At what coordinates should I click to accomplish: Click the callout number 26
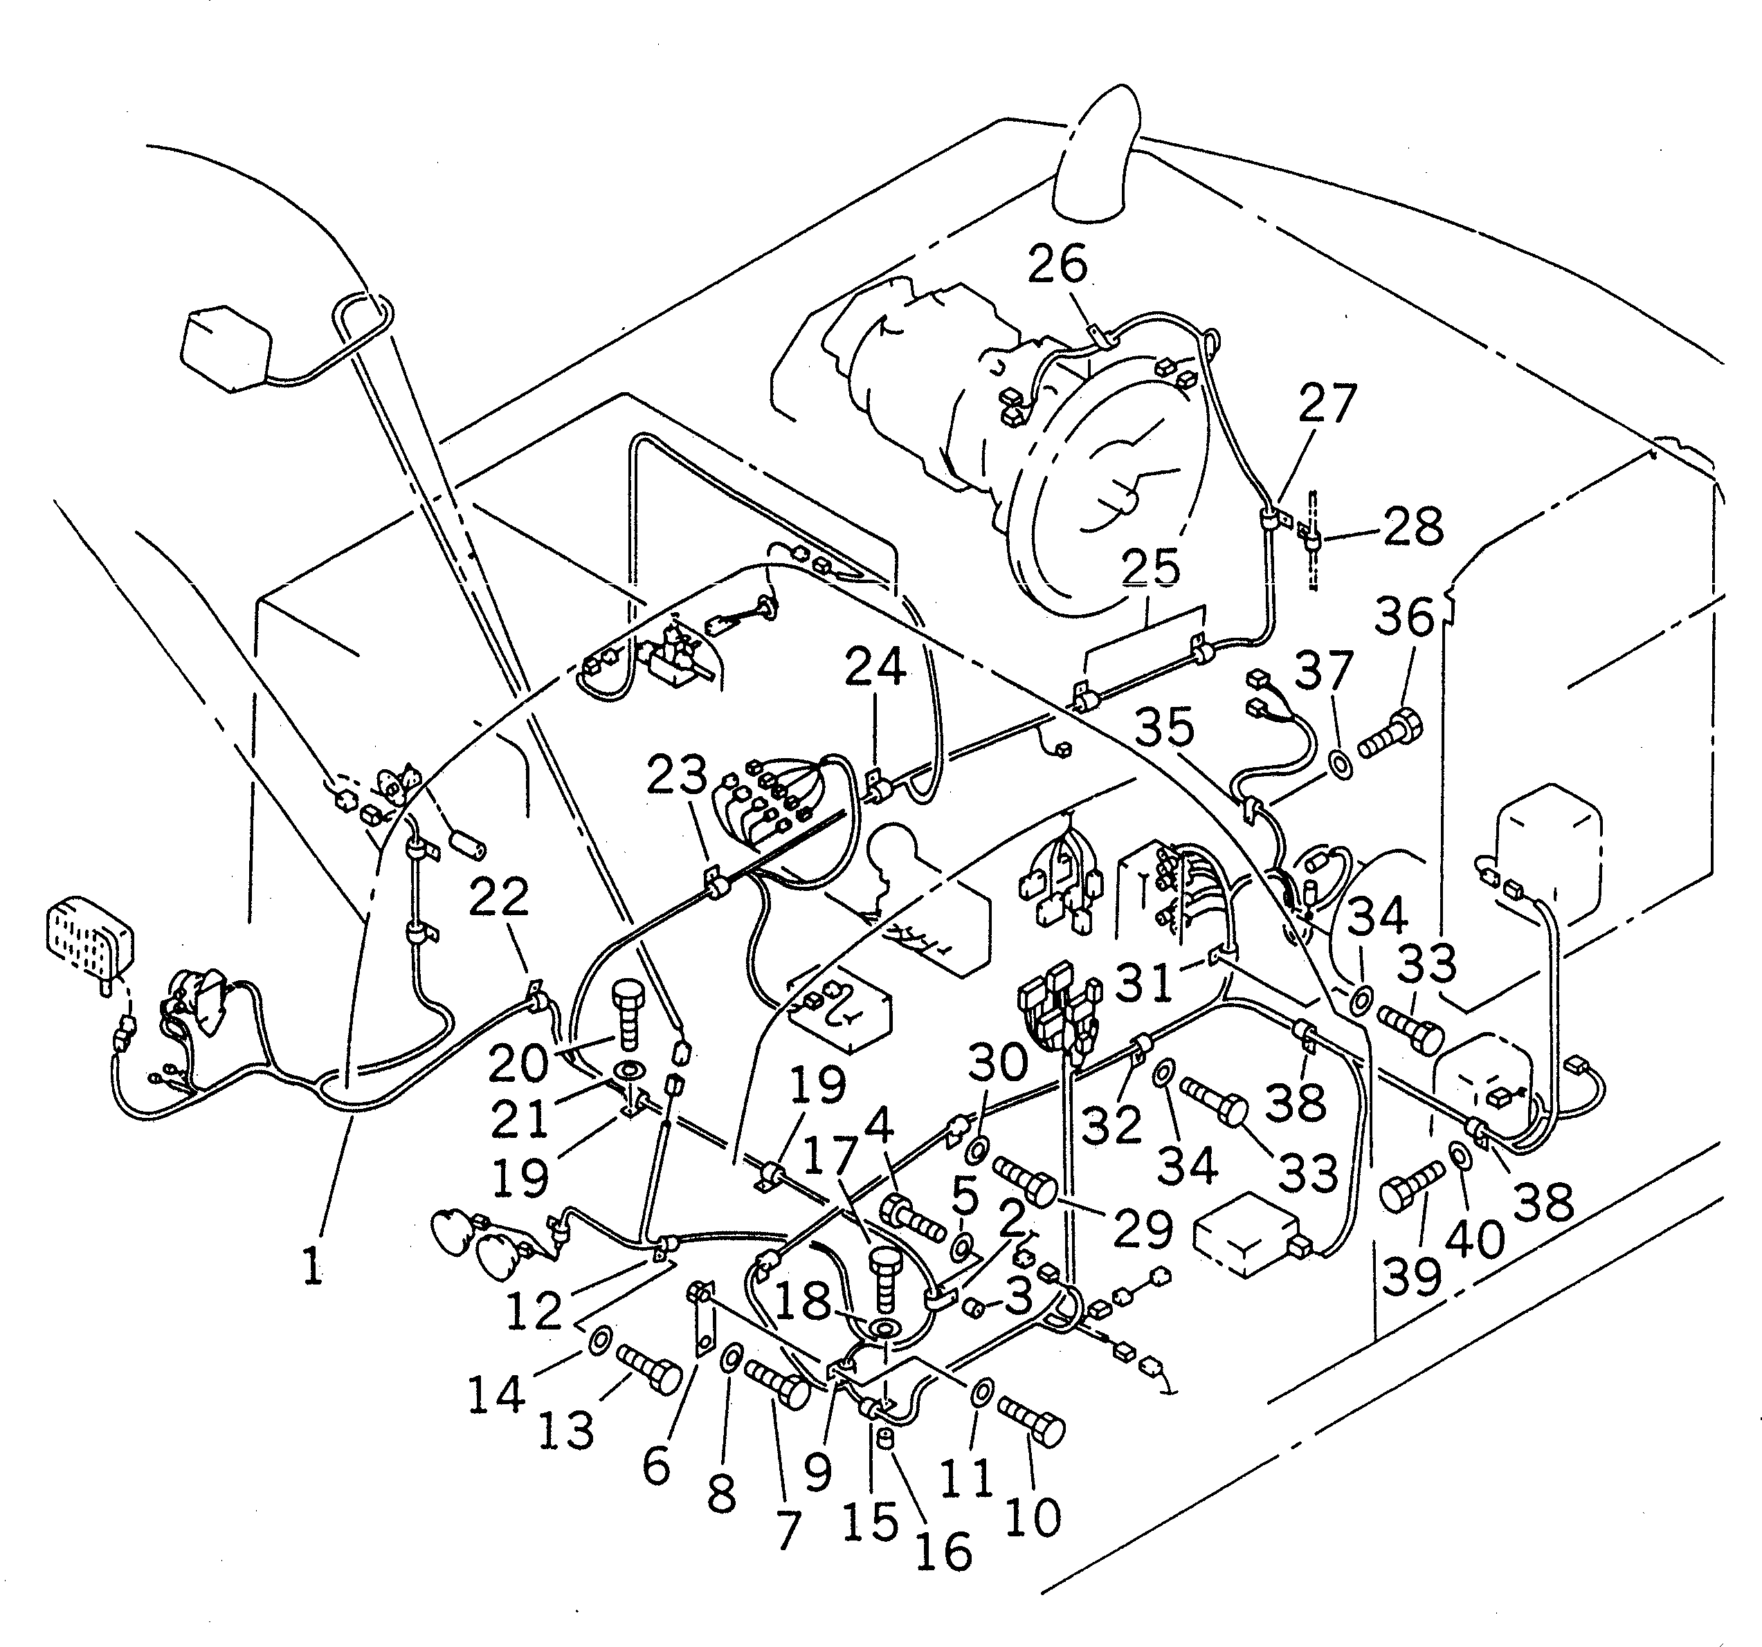(x=1057, y=265)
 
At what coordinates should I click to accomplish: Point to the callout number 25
(x=1150, y=568)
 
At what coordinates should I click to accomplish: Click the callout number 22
(x=498, y=897)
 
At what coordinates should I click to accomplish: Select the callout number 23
(x=676, y=775)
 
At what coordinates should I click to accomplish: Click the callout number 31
(x=1143, y=982)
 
